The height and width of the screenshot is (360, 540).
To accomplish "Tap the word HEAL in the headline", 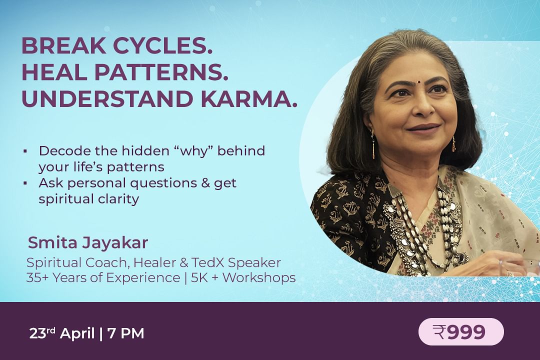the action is (54, 72).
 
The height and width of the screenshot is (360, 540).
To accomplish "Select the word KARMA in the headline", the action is (248, 99).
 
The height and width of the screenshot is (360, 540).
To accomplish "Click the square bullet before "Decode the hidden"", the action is (25, 151).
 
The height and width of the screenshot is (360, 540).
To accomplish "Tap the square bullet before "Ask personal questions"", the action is (25, 183).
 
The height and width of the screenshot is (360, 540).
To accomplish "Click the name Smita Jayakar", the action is (88, 243).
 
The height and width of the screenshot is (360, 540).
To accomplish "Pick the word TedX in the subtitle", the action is (207, 262).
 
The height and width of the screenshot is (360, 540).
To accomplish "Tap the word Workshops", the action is (259, 277).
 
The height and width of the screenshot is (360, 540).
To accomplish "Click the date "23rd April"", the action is (61, 333).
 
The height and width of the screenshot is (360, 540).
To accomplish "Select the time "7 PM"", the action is (125, 333).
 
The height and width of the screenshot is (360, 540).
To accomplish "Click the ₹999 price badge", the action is (461, 332).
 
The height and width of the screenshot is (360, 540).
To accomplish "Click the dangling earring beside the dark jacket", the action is (372, 144).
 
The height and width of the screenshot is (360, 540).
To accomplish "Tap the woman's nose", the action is (423, 107).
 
